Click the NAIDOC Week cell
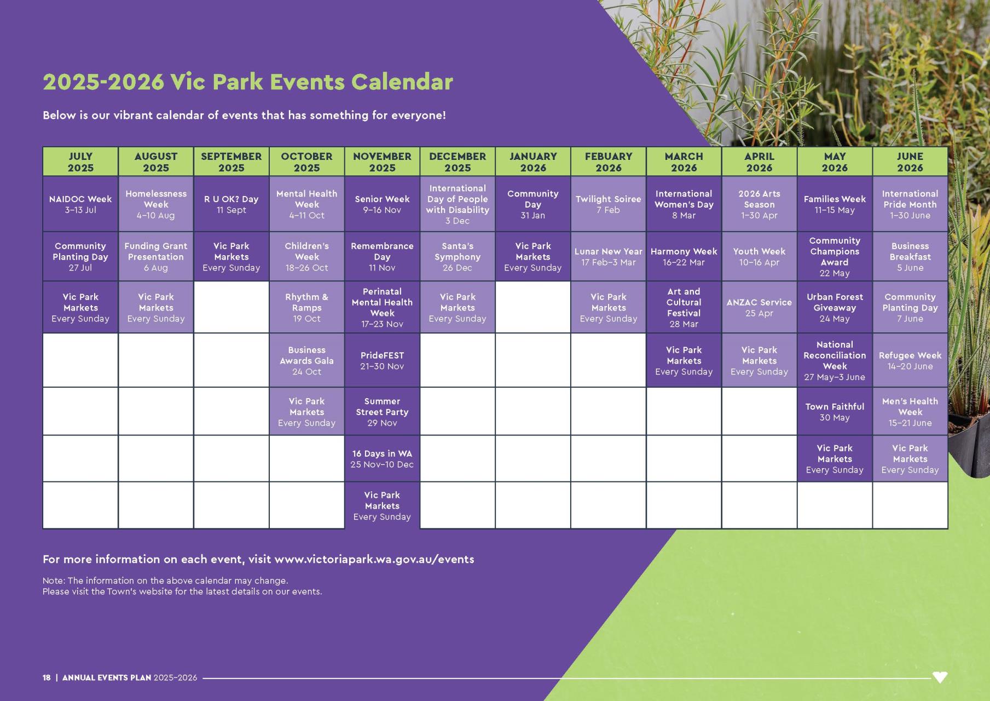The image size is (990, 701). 80,204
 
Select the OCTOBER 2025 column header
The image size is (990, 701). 306,162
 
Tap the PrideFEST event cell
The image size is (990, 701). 382,360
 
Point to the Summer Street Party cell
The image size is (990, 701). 382,412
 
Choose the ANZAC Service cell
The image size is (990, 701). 759,307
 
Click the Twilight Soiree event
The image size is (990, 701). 608,204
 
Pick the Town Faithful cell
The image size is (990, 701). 835,412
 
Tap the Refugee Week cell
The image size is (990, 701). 910,360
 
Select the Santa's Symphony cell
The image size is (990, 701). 458,256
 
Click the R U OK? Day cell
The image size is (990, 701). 231,204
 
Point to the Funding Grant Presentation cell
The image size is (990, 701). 156,256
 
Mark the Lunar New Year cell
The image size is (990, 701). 608,256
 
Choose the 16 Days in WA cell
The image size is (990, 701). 382,459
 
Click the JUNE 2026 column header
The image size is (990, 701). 910,162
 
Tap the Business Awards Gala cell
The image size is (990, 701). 306,360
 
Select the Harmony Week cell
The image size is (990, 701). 684,256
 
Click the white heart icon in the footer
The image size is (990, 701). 940,677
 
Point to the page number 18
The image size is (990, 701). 47,677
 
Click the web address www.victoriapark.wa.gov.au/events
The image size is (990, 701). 374,559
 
